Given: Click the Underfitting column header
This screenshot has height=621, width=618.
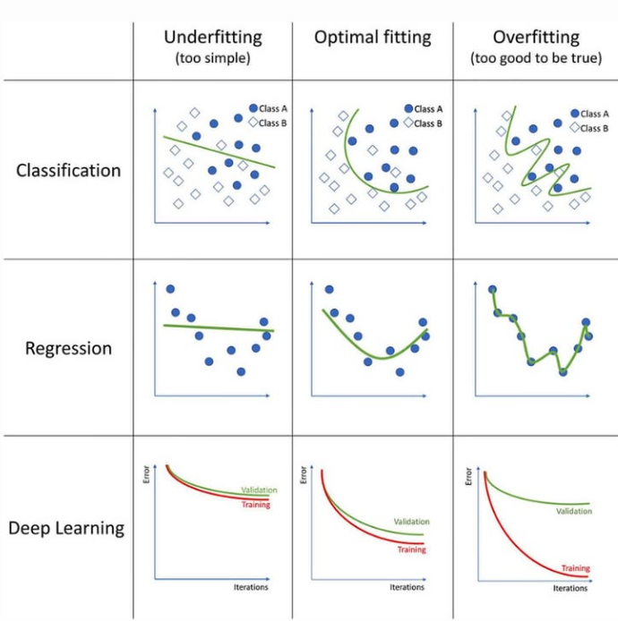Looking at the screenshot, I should [x=212, y=38].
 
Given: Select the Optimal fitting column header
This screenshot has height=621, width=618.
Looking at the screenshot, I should [x=372, y=38].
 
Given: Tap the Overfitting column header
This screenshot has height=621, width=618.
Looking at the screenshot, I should [x=536, y=38].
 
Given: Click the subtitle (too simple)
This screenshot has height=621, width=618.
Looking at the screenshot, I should [x=212, y=58].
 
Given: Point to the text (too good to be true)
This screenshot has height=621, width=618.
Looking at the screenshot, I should [x=536, y=58].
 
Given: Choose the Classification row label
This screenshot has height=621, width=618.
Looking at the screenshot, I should [x=68, y=170].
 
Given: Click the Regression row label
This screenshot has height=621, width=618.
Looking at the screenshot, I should [x=68, y=348].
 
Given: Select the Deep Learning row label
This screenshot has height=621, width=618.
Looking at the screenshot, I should [x=66, y=528].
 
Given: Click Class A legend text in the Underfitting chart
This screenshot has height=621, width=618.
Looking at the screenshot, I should [x=272, y=108].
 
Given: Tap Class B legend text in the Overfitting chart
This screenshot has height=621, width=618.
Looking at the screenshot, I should [x=593, y=128].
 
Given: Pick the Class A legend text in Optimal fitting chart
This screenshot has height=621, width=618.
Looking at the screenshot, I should [x=428, y=109].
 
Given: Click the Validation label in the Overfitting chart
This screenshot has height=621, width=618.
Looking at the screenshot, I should [x=573, y=511].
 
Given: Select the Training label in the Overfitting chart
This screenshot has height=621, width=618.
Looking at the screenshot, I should [x=575, y=568].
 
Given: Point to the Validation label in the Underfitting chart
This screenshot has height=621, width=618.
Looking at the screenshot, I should [x=259, y=489].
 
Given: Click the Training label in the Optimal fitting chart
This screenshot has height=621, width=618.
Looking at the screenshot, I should [x=411, y=549].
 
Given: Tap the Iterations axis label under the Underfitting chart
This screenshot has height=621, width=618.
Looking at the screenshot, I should [x=250, y=587].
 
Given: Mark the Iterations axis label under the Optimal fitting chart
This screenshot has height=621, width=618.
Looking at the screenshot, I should [x=407, y=587].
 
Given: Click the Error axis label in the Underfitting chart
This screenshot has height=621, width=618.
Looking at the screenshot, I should [x=146, y=478].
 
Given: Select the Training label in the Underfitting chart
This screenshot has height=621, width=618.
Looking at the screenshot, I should [x=255, y=505].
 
